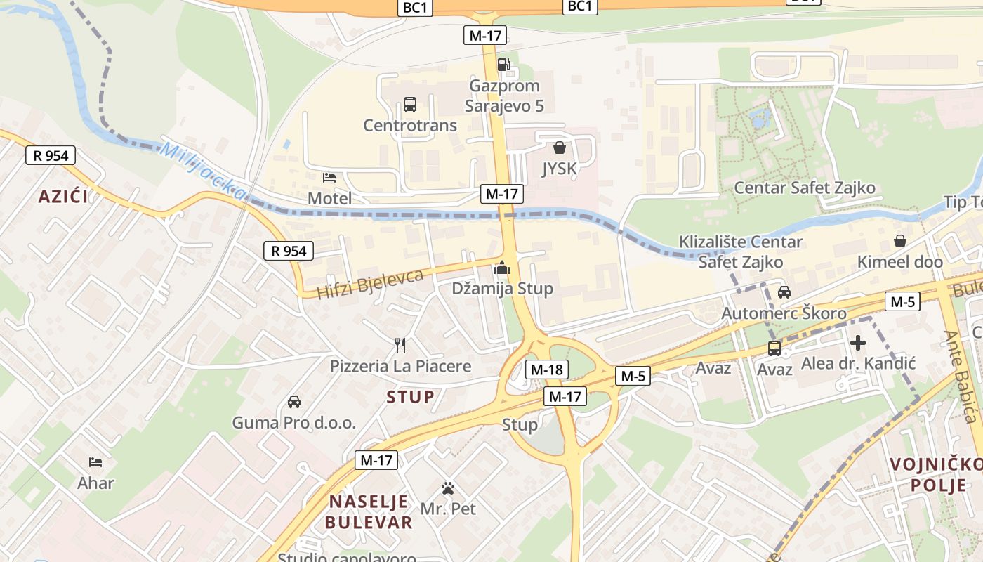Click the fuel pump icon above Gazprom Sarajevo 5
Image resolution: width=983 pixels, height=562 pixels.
503,65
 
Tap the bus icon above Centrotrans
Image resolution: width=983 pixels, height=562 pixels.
410,105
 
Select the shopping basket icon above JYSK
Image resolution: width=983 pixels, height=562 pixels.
560,148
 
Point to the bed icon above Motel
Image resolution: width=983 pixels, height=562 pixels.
329,178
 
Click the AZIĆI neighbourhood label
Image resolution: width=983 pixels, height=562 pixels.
64,197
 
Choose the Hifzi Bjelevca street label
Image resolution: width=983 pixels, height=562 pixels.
370,283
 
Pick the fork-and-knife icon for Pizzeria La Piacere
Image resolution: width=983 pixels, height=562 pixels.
400,345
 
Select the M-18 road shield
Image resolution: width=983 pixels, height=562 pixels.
547,370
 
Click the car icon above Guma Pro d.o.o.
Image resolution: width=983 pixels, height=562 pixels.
294,402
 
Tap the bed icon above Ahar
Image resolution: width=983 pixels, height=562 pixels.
95,462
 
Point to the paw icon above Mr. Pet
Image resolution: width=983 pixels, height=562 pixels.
448,488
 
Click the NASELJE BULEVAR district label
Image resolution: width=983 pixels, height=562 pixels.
369,512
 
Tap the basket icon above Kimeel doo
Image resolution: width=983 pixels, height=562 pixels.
900,241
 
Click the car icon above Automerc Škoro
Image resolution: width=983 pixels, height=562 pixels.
784,292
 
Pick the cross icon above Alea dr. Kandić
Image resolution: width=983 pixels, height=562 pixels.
858,343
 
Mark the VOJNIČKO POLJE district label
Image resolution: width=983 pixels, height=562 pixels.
937,474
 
